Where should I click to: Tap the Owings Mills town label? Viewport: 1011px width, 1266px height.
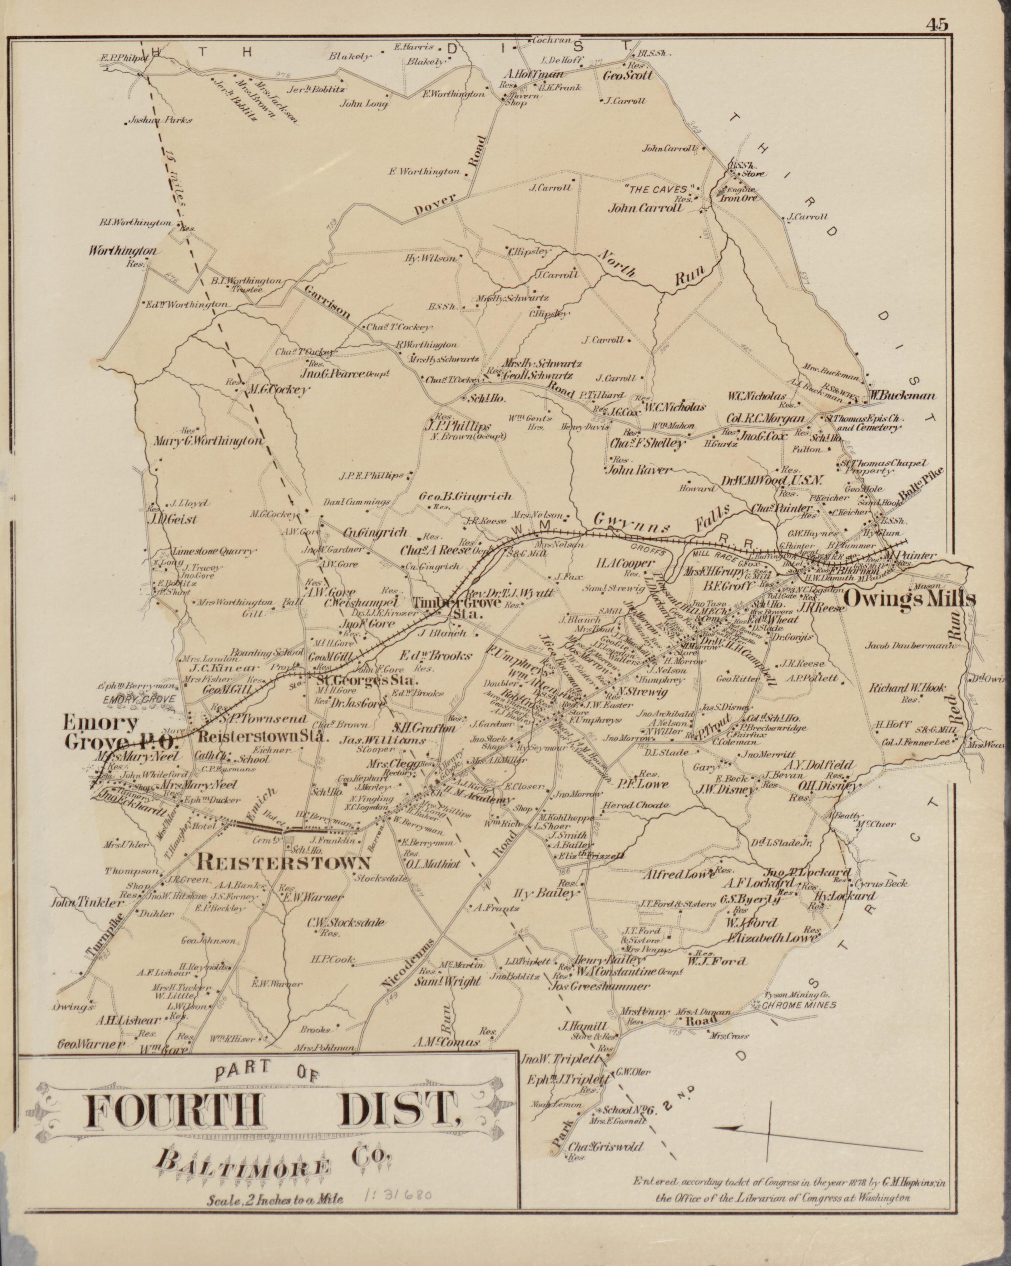[x=909, y=599]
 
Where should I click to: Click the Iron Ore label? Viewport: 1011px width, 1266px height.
[x=740, y=198]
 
